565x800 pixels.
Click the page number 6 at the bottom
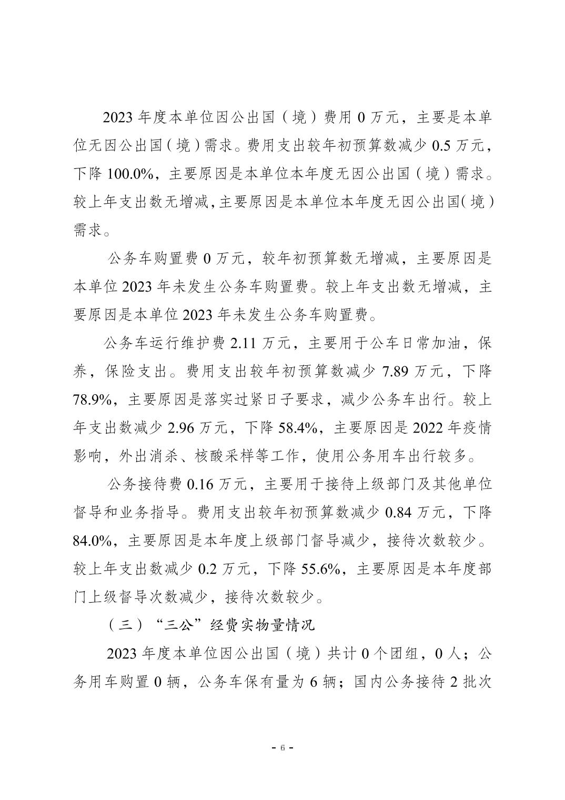coord(282,747)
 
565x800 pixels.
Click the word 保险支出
coord(133,373)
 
